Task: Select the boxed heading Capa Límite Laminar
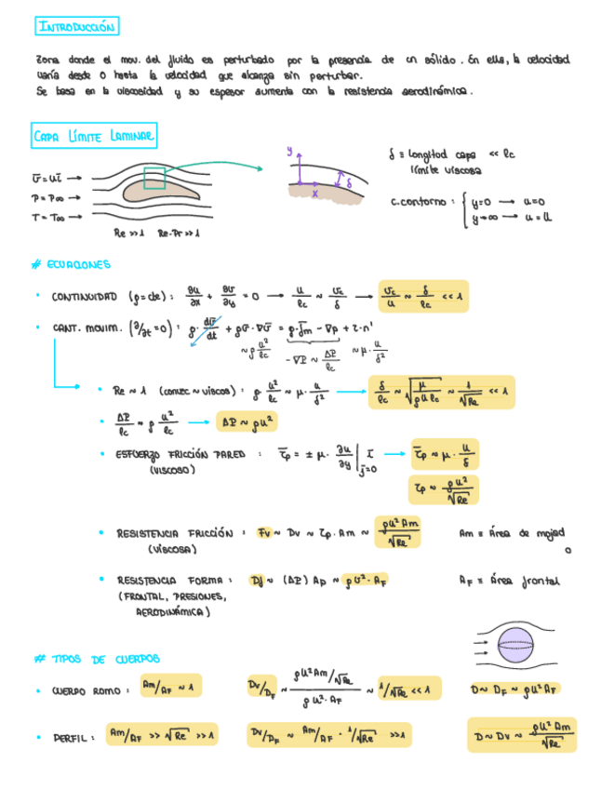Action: [x=95, y=137]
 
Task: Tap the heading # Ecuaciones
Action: [x=71, y=264]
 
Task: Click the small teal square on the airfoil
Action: [x=154, y=178]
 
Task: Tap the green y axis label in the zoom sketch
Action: [x=289, y=149]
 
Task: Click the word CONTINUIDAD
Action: [x=85, y=298]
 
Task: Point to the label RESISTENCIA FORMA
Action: [x=170, y=581]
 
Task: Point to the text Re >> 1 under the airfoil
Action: [x=129, y=233]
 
